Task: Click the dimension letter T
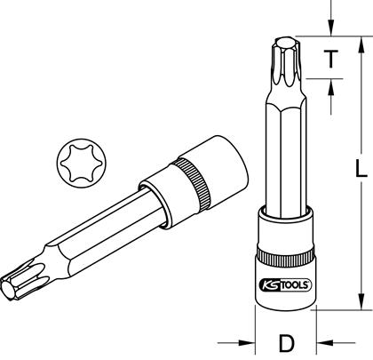(x=330, y=59)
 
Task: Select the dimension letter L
(x=361, y=168)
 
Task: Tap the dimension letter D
(x=287, y=343)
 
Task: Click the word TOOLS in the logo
(x=294, y=285)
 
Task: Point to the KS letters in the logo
(x=270, y=285)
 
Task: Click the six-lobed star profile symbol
(x=80, y=164)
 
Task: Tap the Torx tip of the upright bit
(x=287, y=61)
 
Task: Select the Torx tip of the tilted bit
(x=20, y=281)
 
